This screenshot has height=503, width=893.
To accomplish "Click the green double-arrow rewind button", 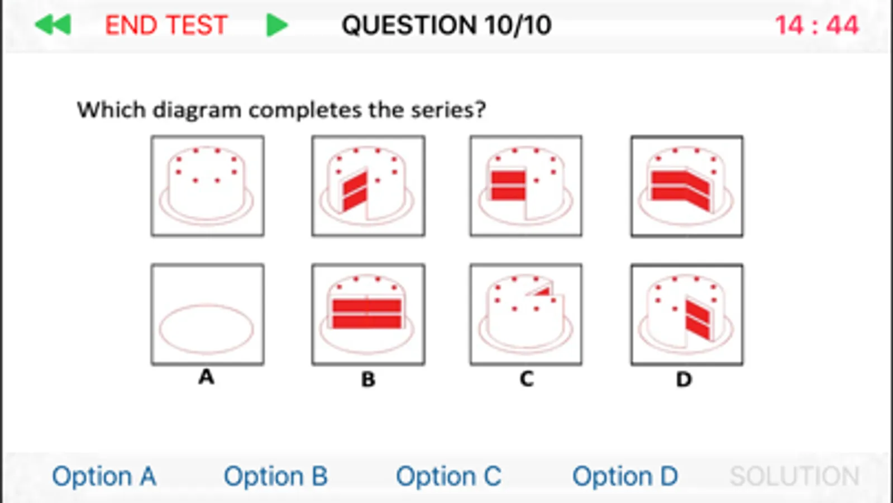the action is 53,25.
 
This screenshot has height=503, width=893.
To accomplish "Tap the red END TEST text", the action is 166,25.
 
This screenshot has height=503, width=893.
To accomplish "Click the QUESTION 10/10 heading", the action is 447,25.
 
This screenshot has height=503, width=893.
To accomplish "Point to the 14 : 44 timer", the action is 817,25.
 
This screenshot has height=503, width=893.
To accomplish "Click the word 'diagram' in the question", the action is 197,110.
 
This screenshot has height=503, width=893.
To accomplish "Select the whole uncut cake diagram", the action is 207,186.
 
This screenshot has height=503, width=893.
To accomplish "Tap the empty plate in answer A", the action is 207,330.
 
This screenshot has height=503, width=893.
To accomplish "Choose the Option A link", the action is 104,476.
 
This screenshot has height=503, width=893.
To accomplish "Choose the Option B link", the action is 276,476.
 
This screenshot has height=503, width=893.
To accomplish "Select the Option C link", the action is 448,476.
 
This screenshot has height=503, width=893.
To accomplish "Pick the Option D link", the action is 625,476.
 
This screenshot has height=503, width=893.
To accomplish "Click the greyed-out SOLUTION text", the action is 794,476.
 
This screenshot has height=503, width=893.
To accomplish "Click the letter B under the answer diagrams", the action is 368,379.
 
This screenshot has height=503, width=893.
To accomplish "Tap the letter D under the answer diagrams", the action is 684,379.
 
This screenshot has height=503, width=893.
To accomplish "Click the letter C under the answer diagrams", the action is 527,379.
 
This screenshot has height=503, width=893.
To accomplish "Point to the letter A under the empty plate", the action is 206,377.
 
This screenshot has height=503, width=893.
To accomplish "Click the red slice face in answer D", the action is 698,320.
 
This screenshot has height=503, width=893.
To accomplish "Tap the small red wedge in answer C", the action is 543,292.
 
